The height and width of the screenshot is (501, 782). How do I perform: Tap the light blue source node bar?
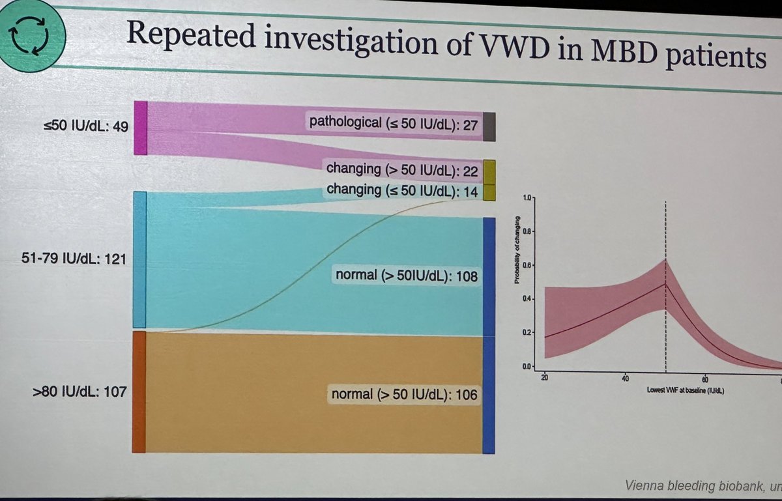coord(139,260)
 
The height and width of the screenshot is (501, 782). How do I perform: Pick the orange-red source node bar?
coord(139,392)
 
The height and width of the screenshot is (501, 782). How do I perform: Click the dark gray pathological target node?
coord(489,126)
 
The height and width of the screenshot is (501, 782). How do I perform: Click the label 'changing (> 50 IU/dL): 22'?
coord(402,171)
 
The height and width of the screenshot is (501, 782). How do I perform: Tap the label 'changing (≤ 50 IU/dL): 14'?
coord(402,190)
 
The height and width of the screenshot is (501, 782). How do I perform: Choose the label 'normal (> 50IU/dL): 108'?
coord(407,276)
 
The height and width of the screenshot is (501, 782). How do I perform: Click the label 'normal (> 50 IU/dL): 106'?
coord(404,395)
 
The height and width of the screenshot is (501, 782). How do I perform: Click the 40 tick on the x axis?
coord(625,378)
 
